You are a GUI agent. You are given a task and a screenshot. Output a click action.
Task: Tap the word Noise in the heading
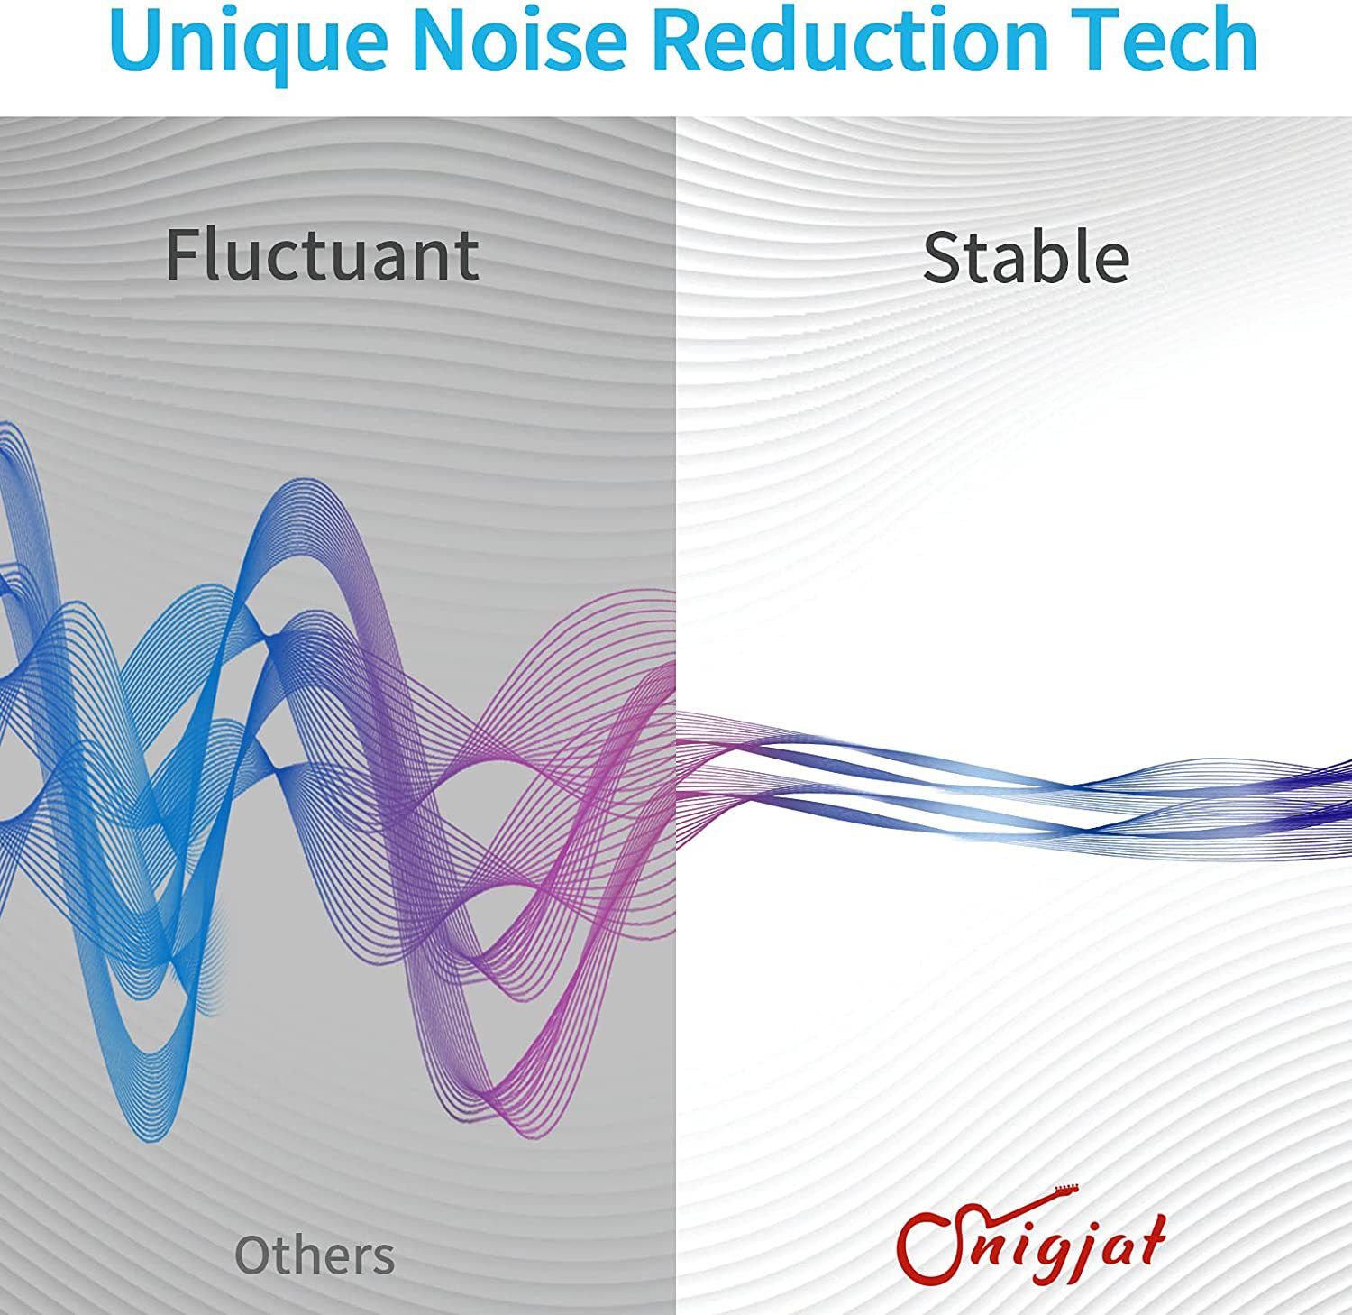point(522,40)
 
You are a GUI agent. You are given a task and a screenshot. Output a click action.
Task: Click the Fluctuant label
point(322,255)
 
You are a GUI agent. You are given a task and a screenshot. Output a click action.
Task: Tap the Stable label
point(1026,257)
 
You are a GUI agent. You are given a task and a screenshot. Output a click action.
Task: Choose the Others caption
point(315,1255)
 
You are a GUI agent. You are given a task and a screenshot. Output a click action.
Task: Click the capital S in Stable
point(942,258)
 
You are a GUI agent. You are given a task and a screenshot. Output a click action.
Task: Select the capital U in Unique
point(137,41)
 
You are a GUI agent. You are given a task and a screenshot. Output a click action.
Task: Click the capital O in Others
point(254,1255)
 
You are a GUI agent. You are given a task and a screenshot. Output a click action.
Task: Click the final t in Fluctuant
point(465,260)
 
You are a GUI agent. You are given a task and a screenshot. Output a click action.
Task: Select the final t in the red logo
point(1151,1237)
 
